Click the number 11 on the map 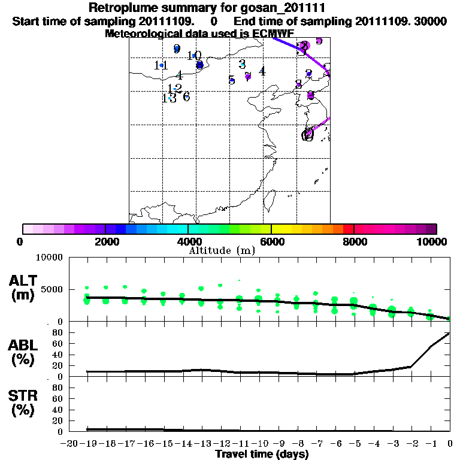pyautogui.click(x=161, y=65)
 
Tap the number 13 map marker pyautogui.click(x=169, y=98)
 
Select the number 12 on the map pyautogui.click(x=174, y=89)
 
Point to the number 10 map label pyautogui.click(x=194, y=56)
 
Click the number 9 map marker pyautogui.click(x=177, y=49)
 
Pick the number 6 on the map pyautogui.click(x=186, y=97)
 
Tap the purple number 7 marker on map pyautogui.click(x=248, y=76)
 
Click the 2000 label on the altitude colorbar pyautogui.click(x=105, y=242)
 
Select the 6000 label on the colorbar pyautogui.click(x=271, y=242)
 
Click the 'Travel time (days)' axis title pyautogui.click(x=262, y=454)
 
